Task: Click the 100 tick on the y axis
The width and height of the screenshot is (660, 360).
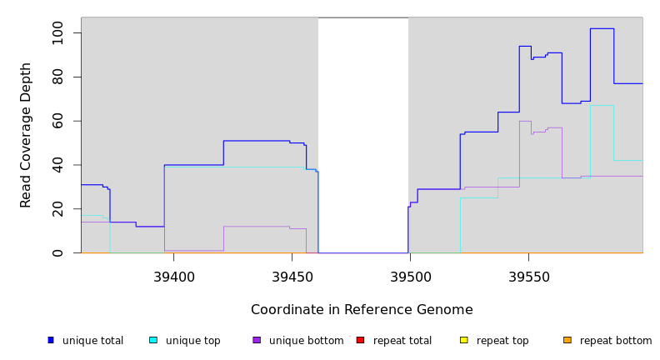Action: click(x=57, y=33)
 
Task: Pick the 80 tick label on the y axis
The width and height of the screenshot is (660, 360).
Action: click(x=57, y=77)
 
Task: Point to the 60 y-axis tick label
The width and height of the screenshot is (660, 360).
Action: click(x=57, y=122)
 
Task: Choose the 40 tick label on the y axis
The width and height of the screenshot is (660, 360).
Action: click(x=57, y=166)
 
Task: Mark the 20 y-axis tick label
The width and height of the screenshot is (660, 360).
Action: click(x=57, y=210)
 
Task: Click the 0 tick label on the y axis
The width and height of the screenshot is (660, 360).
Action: click(x=57, y=253)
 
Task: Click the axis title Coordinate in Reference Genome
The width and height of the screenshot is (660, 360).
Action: click(x=362, y=310)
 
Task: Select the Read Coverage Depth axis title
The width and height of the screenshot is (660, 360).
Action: click(x=26, y=135)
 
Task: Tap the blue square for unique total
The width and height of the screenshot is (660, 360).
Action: click(x=51, y=340)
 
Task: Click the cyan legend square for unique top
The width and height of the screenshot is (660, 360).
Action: click(x=153, y=340)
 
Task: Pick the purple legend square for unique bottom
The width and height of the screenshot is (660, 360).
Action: click(x=257, y=340)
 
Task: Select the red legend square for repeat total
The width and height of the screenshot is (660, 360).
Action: click(x=360, y=340)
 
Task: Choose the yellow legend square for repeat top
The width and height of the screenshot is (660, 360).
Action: click(x=463, y=340)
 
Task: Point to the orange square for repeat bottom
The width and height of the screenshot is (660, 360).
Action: click(x=567, y=340)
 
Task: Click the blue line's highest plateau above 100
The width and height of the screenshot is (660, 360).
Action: click(x=602, y=28)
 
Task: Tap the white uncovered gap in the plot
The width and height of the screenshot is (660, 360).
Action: click(x=363, y=133)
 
